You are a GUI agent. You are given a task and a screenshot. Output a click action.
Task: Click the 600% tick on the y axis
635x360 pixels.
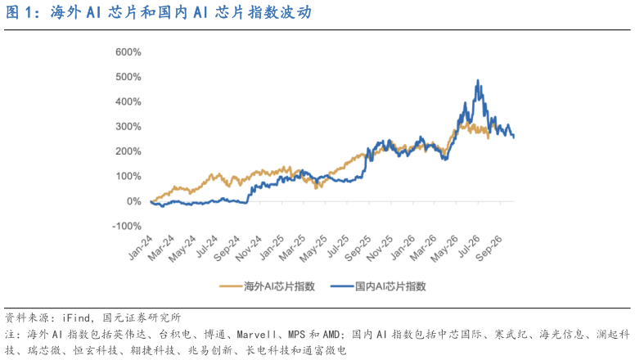click(x=128, y=52)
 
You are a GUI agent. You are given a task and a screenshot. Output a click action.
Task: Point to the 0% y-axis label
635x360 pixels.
click(x=134, y=201)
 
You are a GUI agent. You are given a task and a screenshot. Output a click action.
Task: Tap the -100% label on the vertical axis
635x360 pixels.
click(x=127, y=227)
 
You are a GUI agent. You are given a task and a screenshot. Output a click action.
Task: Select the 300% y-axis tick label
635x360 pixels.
click(x=128, y=127)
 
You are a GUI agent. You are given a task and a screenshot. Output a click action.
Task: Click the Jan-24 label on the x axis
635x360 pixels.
click(x=141, y=247)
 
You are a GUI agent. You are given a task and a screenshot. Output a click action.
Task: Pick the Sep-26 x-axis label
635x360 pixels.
click(x=489, y=248)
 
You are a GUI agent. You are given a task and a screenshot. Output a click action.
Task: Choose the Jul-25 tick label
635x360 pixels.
click(x=337, y=246)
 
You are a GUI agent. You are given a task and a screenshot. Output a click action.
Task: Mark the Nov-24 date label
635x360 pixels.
click(x=248, y=248)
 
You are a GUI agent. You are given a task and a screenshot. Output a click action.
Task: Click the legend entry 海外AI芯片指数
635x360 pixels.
click(x=268, y=286)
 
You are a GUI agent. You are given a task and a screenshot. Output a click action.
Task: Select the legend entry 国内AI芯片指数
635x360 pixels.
click(x=379, y=286)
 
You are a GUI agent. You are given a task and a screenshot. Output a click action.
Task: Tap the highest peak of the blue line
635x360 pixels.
click(x=478, y=80)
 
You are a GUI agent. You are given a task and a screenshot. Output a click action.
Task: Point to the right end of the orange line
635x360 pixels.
click(x=489, y=138)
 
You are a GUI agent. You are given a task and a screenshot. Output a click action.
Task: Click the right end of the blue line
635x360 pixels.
click(x=514, y=137)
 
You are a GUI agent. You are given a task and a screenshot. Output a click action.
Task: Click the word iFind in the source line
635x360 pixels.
click(x=76, y=317)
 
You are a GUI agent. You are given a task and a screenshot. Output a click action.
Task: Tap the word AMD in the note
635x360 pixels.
click(x=331, y=335)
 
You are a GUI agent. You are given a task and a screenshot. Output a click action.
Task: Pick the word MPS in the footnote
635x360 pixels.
click(x=297, y=335)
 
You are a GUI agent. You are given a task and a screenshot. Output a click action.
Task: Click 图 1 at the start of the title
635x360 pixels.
click(x=18, y=12)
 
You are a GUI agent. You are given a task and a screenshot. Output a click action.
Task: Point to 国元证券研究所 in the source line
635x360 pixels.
click(x=142, y=317)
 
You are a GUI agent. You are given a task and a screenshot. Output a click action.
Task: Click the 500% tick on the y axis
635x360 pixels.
click(x=128, y=77)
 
